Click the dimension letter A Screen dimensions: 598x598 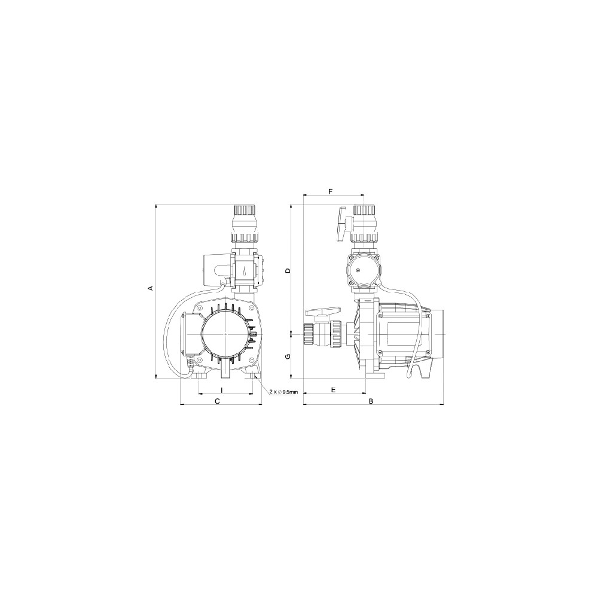coord(151,288)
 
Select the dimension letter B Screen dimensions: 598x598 coord(371,401)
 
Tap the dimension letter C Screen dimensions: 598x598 coord(218,401)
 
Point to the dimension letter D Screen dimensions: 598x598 coord(288,271)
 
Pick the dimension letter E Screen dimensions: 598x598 coord(333,390)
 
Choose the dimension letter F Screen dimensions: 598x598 coord(331,191)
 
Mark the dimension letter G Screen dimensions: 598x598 coord(288,356)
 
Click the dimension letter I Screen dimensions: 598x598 coord(222,390)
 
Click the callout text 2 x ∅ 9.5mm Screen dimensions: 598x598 coord(283,392)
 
